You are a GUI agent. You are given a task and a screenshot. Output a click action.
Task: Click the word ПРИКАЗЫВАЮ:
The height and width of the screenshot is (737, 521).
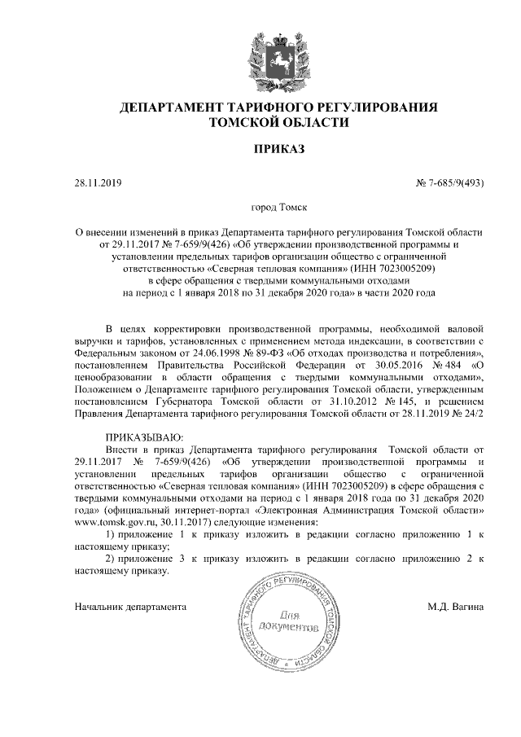click(x=145, y=437)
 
